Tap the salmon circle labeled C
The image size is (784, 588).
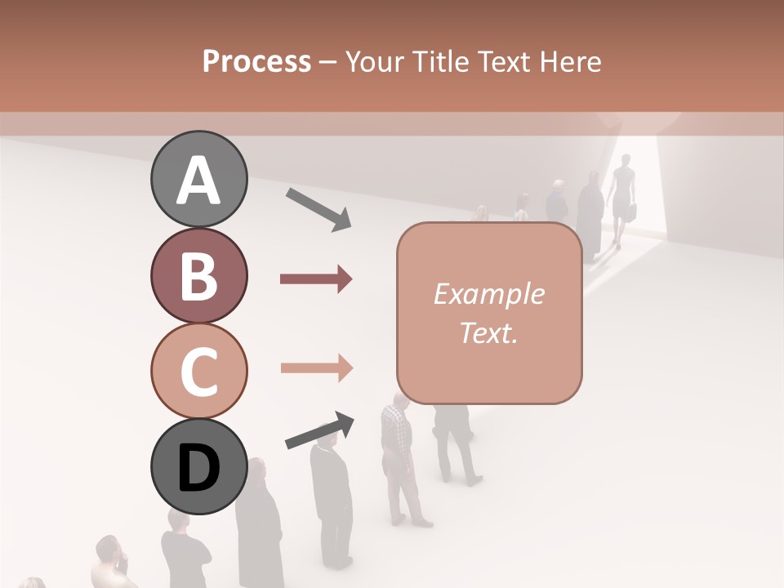point(198,370)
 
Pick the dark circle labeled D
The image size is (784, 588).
point(198,466)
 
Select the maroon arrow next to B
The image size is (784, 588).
point(316,279)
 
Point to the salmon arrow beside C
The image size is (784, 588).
point(316,367)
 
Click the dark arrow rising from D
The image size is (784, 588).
point(319,430)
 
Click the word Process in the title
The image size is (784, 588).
point(256,62)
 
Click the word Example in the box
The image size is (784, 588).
point(489,294)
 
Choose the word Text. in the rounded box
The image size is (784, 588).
point(489,332)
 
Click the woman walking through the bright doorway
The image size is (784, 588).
point(623,196)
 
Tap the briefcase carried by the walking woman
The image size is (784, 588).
point(632,212)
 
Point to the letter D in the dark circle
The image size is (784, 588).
point(198,468)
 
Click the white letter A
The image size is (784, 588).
point(198,180)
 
